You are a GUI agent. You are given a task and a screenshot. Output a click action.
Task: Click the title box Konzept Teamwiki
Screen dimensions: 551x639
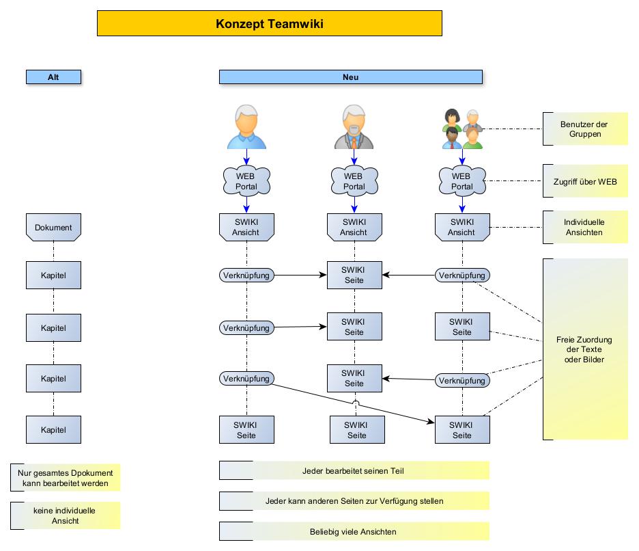click(x=270, y=23)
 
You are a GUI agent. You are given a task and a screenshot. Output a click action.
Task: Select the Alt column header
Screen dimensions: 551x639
click(x=53, y=77)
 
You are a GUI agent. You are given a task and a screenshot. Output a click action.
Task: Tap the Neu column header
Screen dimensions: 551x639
click(x=350, y=77)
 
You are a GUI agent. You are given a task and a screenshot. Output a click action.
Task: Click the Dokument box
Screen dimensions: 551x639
click(x=53, y=227)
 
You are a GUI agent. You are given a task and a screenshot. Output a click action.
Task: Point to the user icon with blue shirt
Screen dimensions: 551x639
click(x=246, y=127)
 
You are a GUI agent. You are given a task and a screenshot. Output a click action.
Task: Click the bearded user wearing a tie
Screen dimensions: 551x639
click(x=354, y=127)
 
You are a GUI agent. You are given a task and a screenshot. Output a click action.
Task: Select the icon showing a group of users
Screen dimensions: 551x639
click(x=462, y=129)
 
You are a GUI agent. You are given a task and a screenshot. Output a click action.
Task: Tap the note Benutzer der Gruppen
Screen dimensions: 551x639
click(x=585, y=129)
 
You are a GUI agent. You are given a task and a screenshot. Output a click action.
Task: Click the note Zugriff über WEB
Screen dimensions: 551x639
click(x=585, y=181)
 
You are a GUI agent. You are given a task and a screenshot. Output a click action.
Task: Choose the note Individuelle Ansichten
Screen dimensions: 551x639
click(x=585, y=228)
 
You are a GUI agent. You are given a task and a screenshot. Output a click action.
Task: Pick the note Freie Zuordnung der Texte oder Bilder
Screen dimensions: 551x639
click(x=585, y=349)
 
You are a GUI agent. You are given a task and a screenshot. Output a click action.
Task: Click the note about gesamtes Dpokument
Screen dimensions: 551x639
click(x=66, y=478)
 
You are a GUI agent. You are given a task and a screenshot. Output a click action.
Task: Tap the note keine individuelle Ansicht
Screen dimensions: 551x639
click(x=66, y=515)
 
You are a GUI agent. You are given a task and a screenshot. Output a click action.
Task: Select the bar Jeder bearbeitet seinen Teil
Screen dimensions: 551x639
click(x=354, y=471)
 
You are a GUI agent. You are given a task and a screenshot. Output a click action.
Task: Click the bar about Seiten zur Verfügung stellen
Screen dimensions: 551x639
click(x=354, y=501)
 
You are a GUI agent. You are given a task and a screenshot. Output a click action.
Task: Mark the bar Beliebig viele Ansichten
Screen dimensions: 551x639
click(x=354, y=531)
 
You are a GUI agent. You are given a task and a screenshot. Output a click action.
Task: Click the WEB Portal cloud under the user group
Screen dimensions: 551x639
click(x=461, y=181)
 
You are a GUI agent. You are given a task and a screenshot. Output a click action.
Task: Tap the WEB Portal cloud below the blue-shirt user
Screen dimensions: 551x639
click(x=246, y=181)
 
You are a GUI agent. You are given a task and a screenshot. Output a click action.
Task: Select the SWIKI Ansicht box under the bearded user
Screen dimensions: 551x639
click(x=354, y=227)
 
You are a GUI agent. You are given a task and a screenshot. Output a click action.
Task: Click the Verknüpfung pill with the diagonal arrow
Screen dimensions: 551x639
click(x=246, y=378)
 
